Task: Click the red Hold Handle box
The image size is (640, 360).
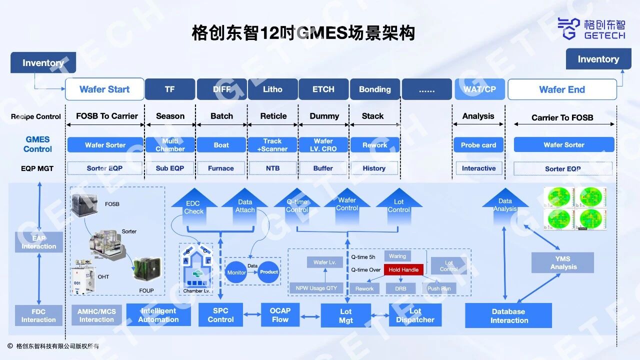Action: (x=403, y=270)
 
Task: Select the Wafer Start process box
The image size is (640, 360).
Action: (x=104, y=89)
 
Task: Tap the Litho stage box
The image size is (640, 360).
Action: (x=272, y=89)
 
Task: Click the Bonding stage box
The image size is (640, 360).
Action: (x=374, y=89)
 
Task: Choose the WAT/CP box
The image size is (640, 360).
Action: (x=479, y=89)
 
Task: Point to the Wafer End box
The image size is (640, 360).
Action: (x=562, y=89)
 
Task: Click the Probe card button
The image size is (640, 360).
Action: (x=478, y=145)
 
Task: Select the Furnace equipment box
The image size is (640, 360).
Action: (x=221, y=168)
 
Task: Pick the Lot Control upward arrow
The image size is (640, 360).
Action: (x=398, y=205)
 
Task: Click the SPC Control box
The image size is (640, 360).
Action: (x=220, y=315)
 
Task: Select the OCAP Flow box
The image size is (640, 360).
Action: (x=280, y=315)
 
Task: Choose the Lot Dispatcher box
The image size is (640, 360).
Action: (x=415, y=315)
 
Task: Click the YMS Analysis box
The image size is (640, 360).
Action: (x=563, y=262)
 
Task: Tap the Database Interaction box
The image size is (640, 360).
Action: (x=508, y=315)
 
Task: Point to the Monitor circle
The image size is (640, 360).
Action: (x=236, y=272)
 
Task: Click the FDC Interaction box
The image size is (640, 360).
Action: (x=38, y=315)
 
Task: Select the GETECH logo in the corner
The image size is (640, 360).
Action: (x=591, y=28)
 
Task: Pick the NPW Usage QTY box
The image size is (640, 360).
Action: (x=316, y=288)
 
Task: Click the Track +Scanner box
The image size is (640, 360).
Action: (x=272, y=145)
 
